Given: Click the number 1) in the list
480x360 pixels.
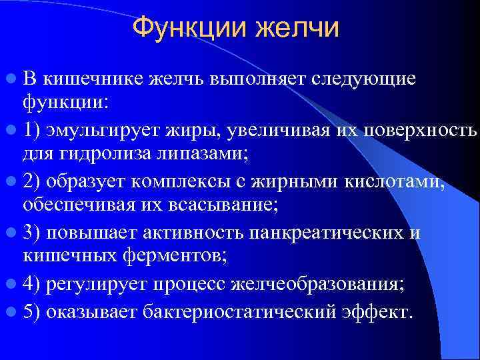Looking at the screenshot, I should pyautogui.click(x=33, y=129).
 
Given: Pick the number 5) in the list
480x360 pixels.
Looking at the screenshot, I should pyautogui.click(x=33, y=312).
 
